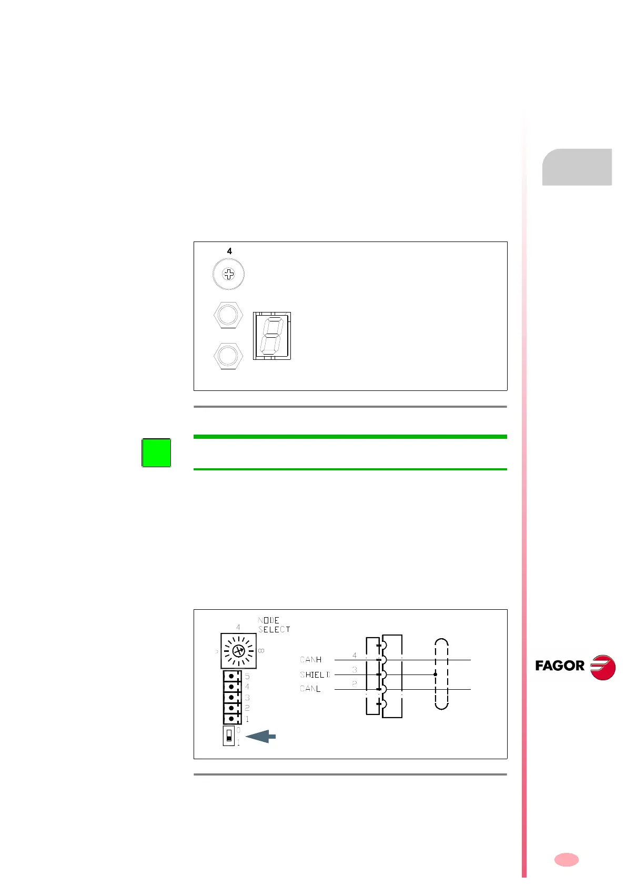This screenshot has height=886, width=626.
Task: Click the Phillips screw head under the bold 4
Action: coord(228,274)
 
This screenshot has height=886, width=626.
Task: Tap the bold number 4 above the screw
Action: coord(229,251)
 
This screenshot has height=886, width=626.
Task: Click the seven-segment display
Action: coord(272,336)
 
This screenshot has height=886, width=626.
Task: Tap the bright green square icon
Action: coord(156,452)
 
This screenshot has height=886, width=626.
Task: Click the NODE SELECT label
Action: coord(274,625)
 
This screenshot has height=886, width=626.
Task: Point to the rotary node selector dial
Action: coord(238,651)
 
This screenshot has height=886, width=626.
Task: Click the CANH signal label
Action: coord(310,660)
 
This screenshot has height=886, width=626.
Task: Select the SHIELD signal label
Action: coord(315,674)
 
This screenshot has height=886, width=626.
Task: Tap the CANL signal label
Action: coord(310,689)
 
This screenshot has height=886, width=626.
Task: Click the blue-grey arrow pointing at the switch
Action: coord(261,737)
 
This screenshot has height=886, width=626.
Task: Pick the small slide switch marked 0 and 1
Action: coord(229,736)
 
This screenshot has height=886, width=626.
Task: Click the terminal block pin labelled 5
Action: coord(232,677)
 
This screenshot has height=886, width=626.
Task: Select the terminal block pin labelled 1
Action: coord(232,719)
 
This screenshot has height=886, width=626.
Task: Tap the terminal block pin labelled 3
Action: coord(232,698)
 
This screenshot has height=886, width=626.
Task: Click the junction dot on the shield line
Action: coord(435,674)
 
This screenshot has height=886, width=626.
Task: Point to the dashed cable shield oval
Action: coord(441,674)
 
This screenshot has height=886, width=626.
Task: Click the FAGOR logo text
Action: coord(560,666)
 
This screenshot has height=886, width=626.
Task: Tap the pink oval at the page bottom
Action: coord(567,860)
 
